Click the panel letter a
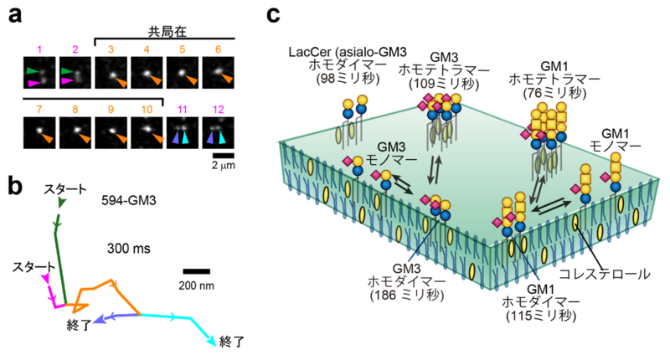(15, 16)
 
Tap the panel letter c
(274, 15)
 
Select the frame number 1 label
(39, 49)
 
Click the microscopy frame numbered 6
(218, 73)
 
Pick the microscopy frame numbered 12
(218, 133)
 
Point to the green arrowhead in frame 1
(32, 70)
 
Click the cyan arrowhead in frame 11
(185, 137)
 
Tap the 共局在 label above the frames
(167, 32)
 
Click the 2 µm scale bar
(223, 155)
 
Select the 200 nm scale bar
(197, 271)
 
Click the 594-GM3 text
(129, 200)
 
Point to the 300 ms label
(129, 248)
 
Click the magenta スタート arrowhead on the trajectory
(45, 278)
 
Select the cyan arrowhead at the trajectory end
(213, 341)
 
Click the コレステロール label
(604, 274)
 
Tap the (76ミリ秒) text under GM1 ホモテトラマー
(554, 92)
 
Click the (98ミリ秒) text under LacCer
(348, 79)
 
